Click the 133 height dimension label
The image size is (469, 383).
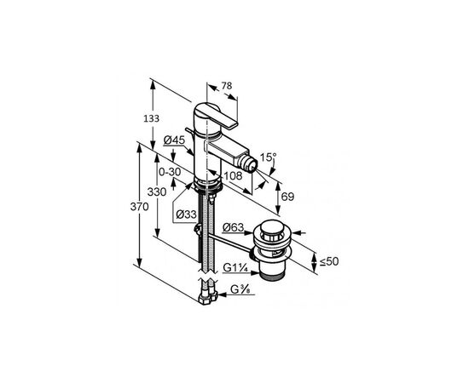click(151, 119)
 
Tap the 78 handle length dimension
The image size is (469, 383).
click(227, 86)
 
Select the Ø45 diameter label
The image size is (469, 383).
click(175, 140)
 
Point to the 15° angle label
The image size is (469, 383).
click(268, 157)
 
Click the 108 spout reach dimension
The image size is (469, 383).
click(233, 176)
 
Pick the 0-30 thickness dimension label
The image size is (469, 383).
click(170, 172)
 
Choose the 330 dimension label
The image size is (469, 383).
click(157, 192)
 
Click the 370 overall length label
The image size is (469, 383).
click(139, 207)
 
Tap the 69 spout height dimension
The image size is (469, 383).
click(287, 197)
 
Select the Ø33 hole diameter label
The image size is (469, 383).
click(186, 214)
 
